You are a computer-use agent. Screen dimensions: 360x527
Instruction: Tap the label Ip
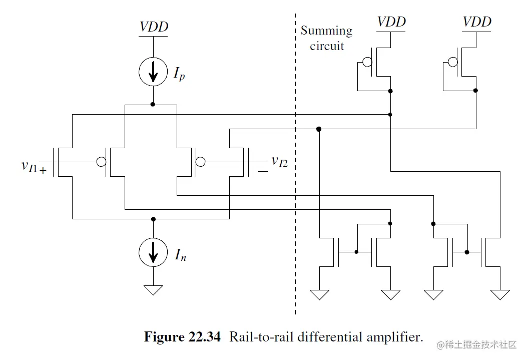coord(180,75)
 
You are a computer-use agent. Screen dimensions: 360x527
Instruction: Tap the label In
coord(181,256)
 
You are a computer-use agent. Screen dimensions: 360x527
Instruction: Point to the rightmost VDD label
coord(476,22)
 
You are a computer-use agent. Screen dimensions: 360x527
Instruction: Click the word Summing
coord(326,31)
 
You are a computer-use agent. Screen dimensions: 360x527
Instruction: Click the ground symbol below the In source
coord(153,290)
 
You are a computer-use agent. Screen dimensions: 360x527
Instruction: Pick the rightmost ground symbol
coord(500,294)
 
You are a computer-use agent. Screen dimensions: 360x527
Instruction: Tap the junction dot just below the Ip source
coord(153,104)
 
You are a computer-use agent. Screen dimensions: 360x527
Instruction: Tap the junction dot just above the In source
coord(153,219)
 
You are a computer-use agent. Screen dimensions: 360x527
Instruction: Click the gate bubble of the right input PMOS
coord(200,162)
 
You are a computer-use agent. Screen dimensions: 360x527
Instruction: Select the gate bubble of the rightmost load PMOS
coord(452,62)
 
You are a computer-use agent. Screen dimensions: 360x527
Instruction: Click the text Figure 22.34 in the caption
coord(182,337)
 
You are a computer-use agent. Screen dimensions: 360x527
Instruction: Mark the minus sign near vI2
coord(263,171)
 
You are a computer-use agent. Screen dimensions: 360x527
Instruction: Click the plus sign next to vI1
coord(43,171)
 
